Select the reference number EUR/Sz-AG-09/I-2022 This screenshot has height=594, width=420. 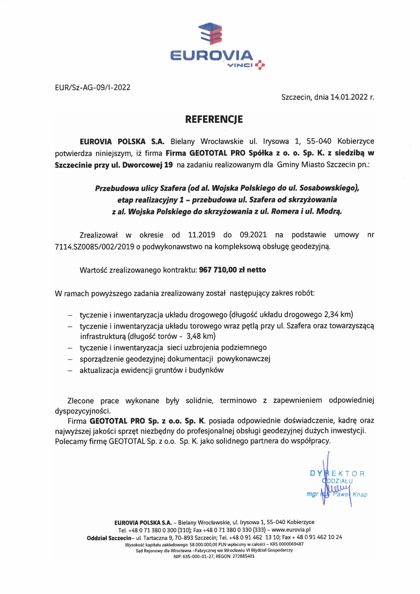[93, 87]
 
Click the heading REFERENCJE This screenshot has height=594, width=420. [214, 119]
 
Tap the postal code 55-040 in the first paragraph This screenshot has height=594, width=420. [319, 142]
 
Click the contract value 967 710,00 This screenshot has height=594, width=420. [218, 270]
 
